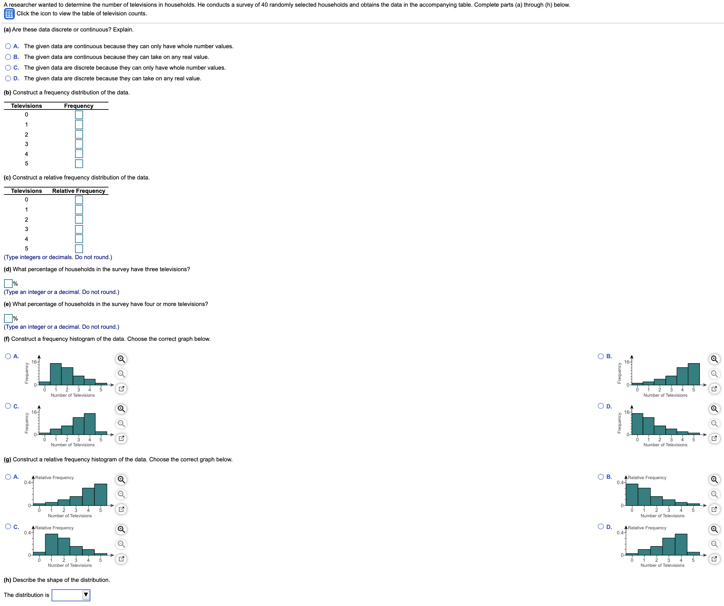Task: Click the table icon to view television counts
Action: (x=9, y=14)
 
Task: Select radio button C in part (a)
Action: (x=8, y=68)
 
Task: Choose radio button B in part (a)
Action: (x=8, y=57)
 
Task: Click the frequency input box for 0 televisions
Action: (x=79, y=115)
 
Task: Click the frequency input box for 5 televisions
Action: (x=79, y=164)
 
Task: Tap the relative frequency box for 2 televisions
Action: (x=79, y=220)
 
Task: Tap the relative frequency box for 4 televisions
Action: (x=79, y=239)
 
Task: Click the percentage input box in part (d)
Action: (x=8, y=284)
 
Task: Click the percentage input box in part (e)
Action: (x=8, y=318)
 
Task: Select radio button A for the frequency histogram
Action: (x=8, y=357)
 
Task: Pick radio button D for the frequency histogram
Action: (x=600, y=406)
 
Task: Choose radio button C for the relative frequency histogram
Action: (x=8, y=527)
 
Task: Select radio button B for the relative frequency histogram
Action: (x=600, y=477)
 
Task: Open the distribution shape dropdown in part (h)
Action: (x=71, y=595)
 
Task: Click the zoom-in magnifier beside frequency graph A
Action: (x=121, y=359)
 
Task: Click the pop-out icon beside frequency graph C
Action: (x=121, y=439)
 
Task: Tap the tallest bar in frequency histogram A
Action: (x=56, y=374)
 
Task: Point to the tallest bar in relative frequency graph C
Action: (x=51, y=545)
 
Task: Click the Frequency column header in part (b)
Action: (x=79, y=106)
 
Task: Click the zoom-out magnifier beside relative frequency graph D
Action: (x=714, y=544)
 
